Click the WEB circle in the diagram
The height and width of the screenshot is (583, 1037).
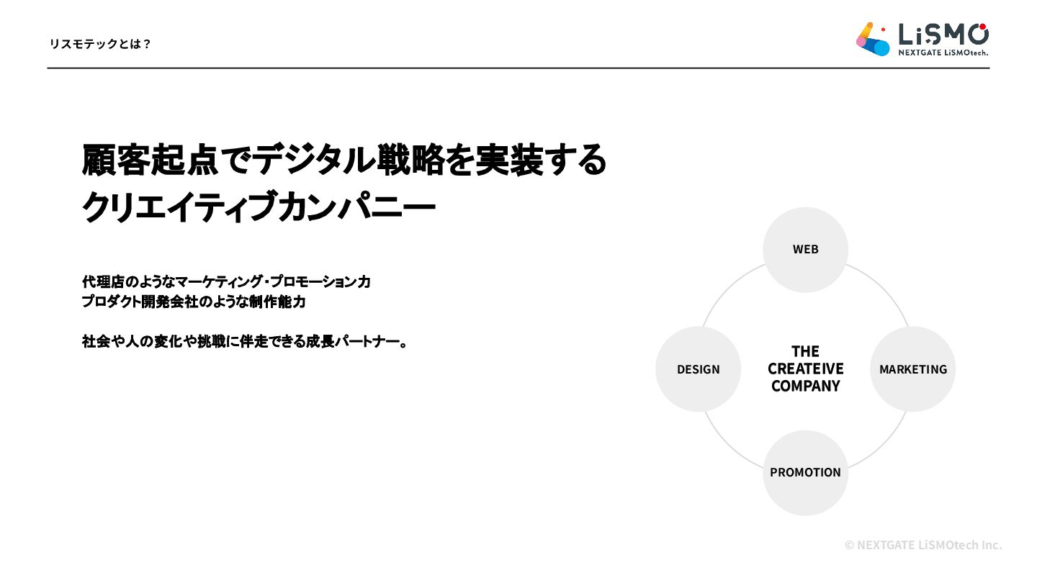805,249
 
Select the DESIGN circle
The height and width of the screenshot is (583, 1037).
698,369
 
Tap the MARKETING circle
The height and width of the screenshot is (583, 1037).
912,369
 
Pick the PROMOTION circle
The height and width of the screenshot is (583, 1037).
805,472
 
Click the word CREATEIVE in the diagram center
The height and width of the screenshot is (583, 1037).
805,369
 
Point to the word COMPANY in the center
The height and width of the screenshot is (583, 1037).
805,386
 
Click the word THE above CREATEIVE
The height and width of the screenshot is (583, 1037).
805,351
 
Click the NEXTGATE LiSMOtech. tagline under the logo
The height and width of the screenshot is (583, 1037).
942,53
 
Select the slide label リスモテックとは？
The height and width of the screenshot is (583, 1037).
100,44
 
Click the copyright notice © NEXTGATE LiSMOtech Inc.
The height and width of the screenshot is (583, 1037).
922,545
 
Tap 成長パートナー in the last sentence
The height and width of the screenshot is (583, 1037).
346,341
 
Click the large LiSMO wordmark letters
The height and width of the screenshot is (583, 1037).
943,33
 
